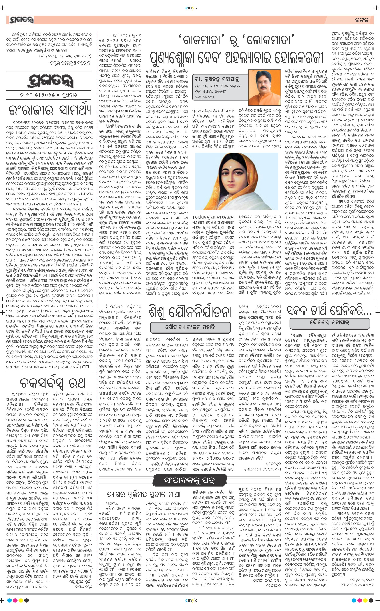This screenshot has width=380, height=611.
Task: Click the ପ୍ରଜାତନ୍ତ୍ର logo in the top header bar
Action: (x=21, y=20)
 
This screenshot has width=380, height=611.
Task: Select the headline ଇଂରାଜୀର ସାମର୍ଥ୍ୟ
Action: (x=50, y=110)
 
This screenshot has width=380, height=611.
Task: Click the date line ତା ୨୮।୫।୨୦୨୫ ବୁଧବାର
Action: (x=48, y=95)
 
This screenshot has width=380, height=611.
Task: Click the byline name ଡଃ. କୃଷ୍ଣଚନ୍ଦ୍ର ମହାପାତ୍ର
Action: (x=216, y=79)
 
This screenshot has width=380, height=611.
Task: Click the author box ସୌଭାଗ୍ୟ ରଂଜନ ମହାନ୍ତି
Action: (x=190, y=327)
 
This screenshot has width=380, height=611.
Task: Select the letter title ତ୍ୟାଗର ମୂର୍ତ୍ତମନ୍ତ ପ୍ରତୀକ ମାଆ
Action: (x=143, y=494)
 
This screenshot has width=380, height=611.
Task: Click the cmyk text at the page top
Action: (x=191, y=8)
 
